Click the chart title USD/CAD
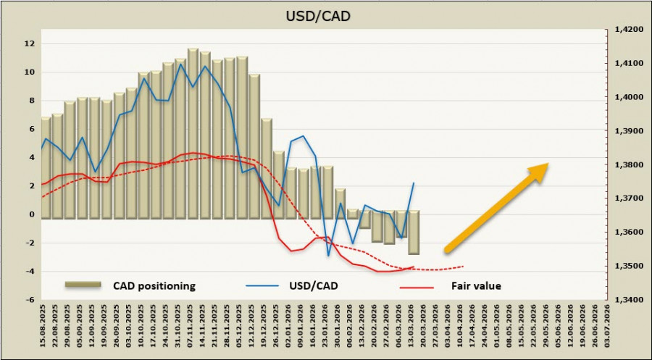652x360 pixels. pos(326,14)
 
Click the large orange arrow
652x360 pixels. pos(496,207)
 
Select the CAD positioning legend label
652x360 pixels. pos(154,285)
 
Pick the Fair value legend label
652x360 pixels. pos(476,285)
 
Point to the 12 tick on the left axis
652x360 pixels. pos(30,43)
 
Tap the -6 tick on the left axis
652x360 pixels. pos(30,299)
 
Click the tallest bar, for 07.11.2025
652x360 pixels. pos(193,133)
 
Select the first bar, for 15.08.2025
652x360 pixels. pos(46,167)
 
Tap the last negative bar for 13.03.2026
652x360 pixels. pos(414,233)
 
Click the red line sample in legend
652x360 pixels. pos(417,287)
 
